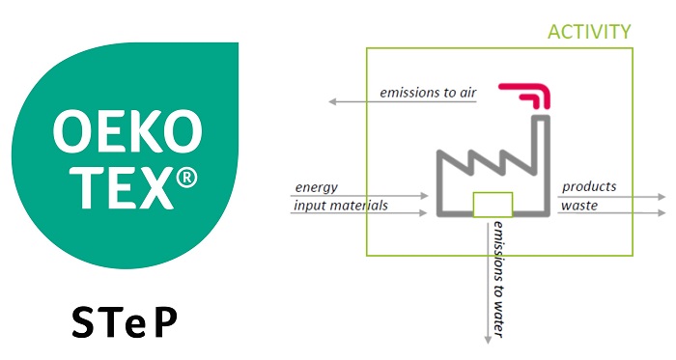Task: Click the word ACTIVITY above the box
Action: pos(589,32)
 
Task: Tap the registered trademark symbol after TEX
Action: pos(186,178)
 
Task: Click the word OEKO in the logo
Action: pos(127,132)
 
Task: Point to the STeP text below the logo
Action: pos(125,322)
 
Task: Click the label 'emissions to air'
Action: pos(428,93)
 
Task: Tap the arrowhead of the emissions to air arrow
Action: pos(332,101)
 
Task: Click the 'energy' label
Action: pos(316,188)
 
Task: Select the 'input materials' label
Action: pos(341,205)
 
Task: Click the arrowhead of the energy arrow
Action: pos(424,196)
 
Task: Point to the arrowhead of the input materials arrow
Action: pos(423,212)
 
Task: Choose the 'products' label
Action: pos(589,186)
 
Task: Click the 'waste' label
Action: pos(579,206)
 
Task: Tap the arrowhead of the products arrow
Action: pos(662,197)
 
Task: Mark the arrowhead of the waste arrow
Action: pos(662,212)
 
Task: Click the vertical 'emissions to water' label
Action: pos(498,279)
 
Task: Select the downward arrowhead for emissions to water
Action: pos(488,340)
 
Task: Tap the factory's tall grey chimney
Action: pos(543,164)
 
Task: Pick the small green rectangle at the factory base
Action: pos(493,205)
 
